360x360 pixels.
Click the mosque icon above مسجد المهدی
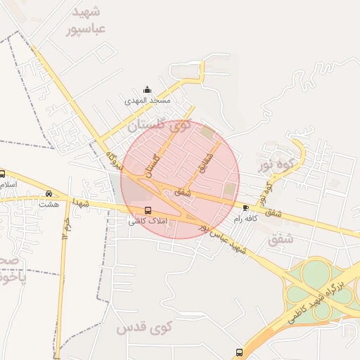pos(147,89)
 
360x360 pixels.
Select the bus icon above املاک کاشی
pos(147,210)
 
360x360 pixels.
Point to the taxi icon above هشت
pos(49,193)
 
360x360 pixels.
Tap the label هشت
pos(49,204)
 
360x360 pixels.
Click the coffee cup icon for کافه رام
pos(245,207)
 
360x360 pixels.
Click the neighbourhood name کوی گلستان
pos(160,126)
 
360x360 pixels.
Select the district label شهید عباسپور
pos(86,21)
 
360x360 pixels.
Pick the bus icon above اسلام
pos(2,174)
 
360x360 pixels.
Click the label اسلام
pos(7,184)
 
